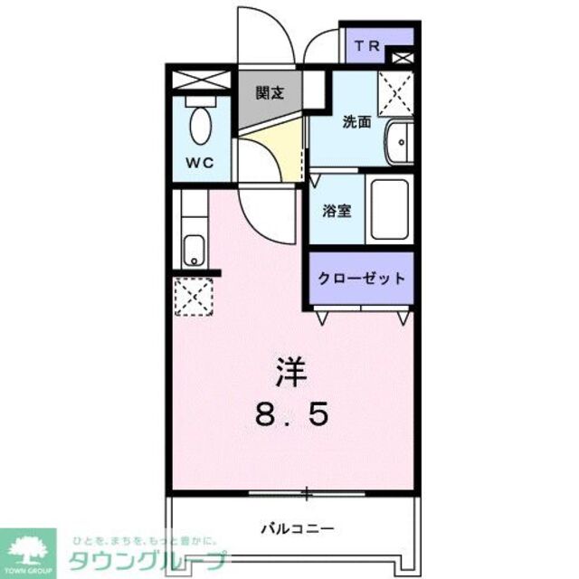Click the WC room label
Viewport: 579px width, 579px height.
(200, 163)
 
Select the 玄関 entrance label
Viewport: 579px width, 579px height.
(270, 92)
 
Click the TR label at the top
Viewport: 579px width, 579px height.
(366, 45)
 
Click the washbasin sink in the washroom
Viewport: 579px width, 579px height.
(397, 144)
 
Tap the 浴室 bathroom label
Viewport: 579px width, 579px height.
(338, 210)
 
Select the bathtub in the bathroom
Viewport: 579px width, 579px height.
(391, 210)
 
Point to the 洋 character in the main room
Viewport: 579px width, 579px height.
(289, 371)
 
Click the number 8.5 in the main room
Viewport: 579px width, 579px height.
(289, 414)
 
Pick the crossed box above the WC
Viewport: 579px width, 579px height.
(200, 79)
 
